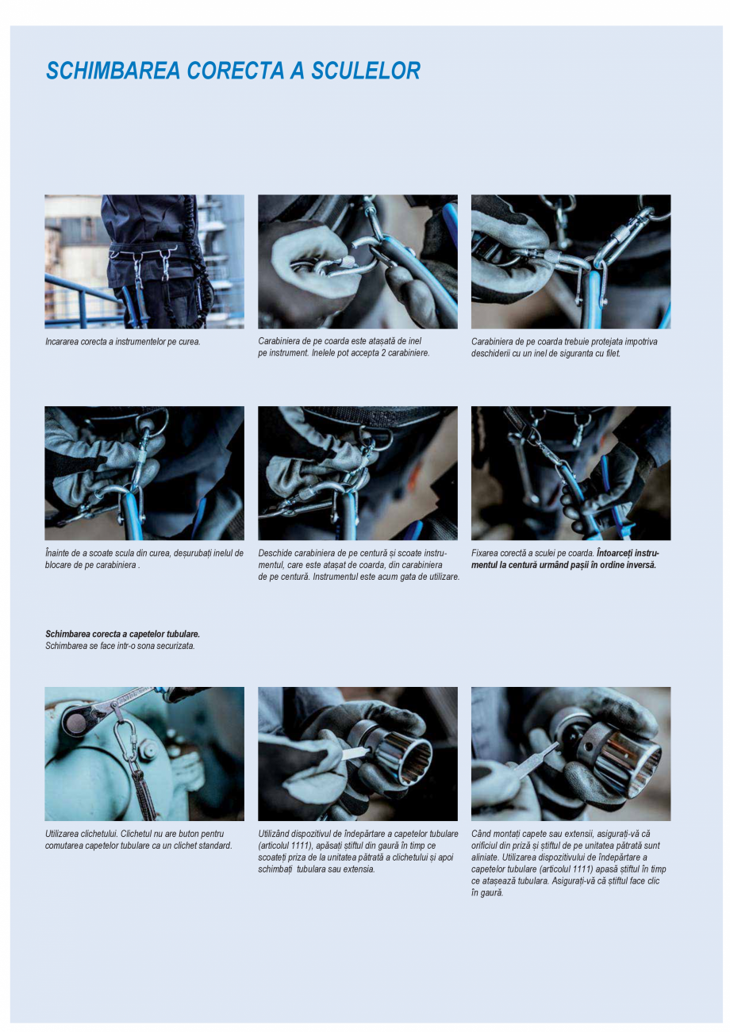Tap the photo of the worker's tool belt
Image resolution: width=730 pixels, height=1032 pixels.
point(144,261)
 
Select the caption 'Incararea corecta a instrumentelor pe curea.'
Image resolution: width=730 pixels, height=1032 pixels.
point(122,342)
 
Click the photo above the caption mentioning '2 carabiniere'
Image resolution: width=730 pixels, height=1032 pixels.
point(357,261)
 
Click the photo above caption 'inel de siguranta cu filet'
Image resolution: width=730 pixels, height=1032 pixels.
point(571,261)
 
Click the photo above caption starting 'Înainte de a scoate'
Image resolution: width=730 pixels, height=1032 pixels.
point(144,473)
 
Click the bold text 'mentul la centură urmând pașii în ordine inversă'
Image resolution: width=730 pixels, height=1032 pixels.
point(563,565)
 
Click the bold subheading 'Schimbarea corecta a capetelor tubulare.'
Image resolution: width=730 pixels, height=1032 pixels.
point(122,634)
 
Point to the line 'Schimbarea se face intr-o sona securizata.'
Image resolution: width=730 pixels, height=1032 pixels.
point(120,646)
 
